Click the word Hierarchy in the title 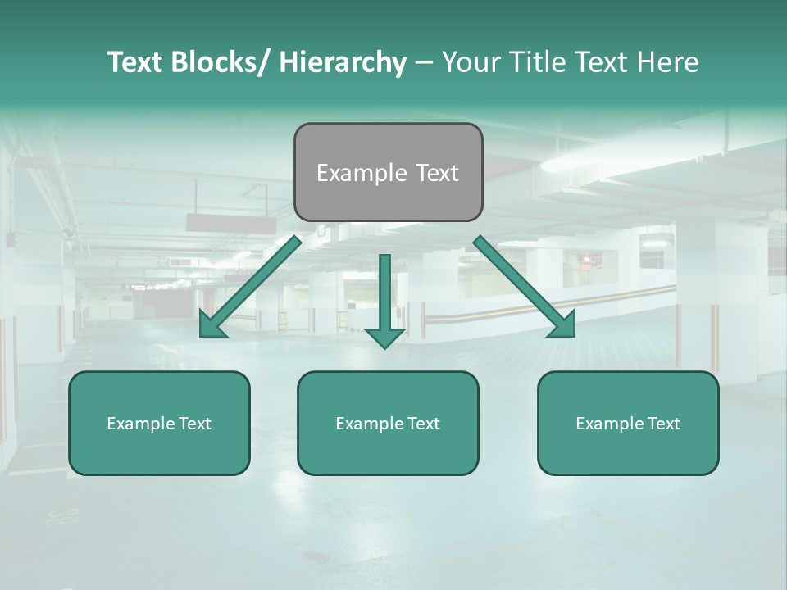(342, 62)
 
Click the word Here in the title (666, 62)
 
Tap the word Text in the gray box (436, 173)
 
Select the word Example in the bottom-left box (141, 424)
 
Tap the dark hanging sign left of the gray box (231, 223)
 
